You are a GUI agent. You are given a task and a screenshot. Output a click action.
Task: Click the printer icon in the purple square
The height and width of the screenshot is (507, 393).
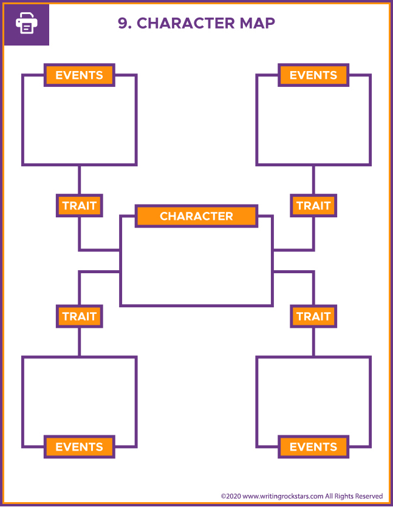[x=26, y=24]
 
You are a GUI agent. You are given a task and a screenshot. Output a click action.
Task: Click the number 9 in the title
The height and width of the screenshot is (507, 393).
[x=123, y=23]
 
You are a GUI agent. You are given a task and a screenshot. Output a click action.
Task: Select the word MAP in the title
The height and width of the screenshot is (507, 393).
[x=258, y=23]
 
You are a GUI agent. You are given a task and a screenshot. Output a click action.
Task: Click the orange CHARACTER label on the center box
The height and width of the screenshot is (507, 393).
[x=196, y=216]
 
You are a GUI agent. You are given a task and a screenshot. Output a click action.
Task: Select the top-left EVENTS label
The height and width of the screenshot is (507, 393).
[x=79, y=75]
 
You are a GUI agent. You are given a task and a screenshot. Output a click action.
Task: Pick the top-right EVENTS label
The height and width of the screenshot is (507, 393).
[x=313, y=75]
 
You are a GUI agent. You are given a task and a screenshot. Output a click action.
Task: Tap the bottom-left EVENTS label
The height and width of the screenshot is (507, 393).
[x=79, y=447]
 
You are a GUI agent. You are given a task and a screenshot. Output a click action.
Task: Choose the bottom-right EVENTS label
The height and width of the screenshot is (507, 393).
[x=313, y=447]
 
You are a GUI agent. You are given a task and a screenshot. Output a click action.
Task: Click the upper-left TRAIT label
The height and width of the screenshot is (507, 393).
[x=79, y=206]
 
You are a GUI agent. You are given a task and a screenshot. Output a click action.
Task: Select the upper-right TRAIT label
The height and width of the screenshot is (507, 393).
[x=313, y=206]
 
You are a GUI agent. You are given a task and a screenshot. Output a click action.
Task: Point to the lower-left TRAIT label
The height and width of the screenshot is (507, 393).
[x=79, y=316]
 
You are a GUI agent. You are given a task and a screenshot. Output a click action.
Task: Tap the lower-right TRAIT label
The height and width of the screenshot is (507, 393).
[x=313, y=316]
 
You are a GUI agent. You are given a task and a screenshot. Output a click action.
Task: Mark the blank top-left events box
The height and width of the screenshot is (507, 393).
[x=79, y=124]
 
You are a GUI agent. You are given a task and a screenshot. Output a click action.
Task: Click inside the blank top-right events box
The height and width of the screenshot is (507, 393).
[x=313, y=124]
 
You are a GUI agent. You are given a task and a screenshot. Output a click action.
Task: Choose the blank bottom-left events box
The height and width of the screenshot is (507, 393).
[x=79, y=395]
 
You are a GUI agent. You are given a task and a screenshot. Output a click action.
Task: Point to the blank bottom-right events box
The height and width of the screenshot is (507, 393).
[x=313, y=395]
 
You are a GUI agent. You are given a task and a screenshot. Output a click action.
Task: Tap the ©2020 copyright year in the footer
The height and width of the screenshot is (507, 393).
[x=231, y=496]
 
